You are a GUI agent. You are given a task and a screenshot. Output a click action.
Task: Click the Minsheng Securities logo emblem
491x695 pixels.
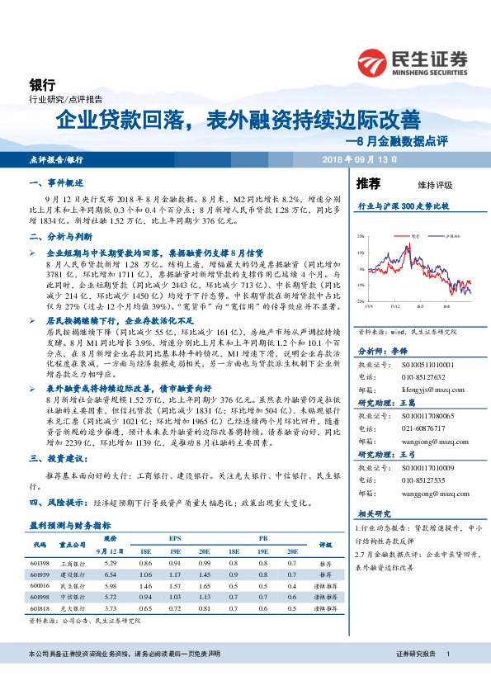pyautogui.click(x=375, y=62)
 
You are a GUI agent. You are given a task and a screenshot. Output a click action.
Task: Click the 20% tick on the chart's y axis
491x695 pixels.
pyautogui.click(x=361, y=235)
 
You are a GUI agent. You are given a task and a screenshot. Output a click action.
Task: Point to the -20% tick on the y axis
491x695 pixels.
pyautogui.click(x=360, y=302)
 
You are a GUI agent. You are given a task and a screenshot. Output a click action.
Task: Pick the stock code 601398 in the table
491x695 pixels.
pyautogui.click(x=40, y=562)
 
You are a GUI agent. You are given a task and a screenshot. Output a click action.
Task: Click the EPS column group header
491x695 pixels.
pyautogui.click(x=174, y=535)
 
